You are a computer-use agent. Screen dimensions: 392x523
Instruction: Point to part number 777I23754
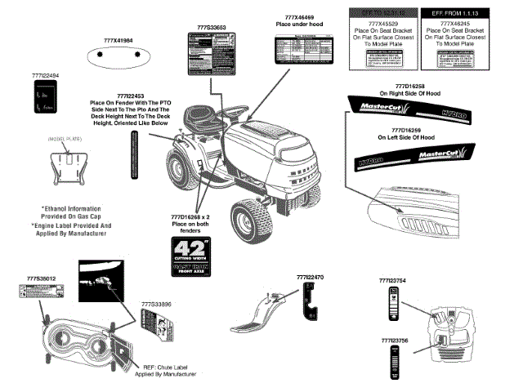pyautogui.click(x=393, y=280)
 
